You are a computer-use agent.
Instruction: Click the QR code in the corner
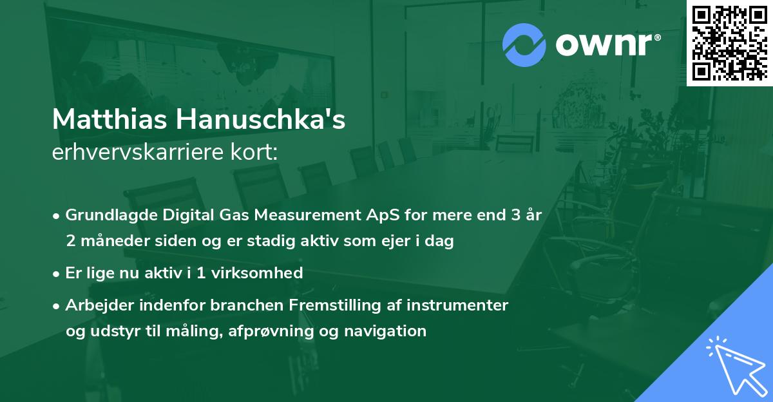pyautogui.click(x=729, y=43)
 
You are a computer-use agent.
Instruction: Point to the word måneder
pyautogui.click(x=108, y=241)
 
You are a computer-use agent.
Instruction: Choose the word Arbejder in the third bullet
pyautogui.click(x=97, y=305)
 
